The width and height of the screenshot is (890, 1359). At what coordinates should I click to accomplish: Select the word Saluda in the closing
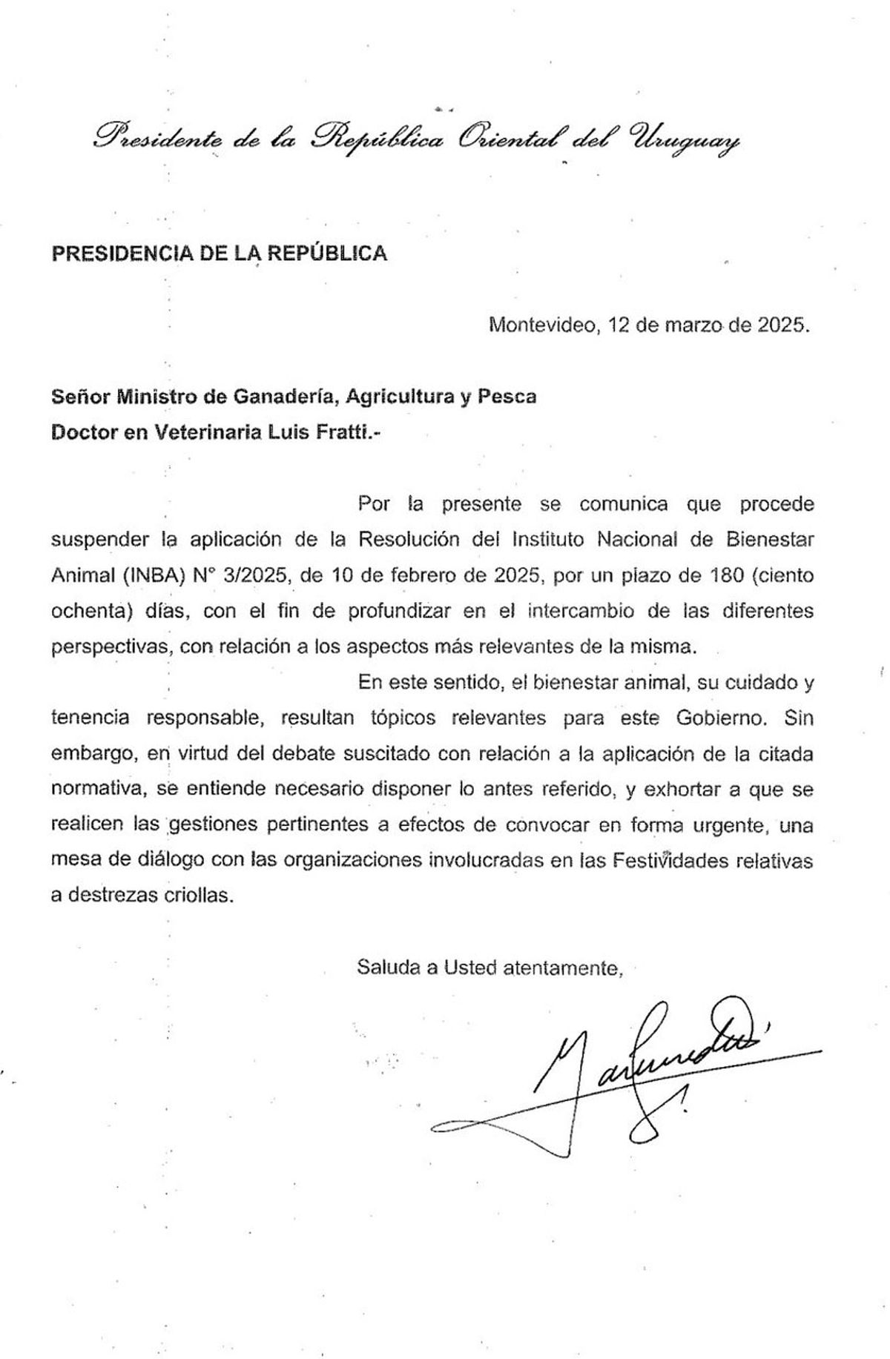[390, 968]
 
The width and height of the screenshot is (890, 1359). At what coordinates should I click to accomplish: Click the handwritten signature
[623, 1068]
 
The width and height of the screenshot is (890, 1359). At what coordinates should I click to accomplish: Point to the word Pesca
[506, 397]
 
